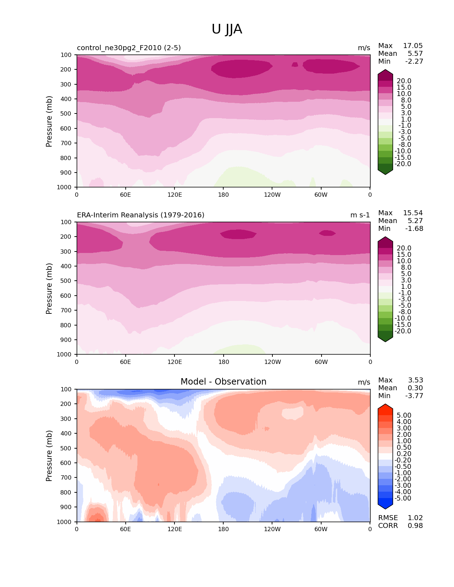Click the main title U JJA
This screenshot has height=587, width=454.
(x=227, y=29)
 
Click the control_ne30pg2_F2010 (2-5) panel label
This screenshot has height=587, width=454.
(x=129, y=48)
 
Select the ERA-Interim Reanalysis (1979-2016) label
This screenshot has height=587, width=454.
(x=141, y=215)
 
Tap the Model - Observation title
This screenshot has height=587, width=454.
(x=223, y=382)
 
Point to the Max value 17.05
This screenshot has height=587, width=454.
(x=413, y=46)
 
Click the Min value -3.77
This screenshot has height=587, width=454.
(x=414, y=396)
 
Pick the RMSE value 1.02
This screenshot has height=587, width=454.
(x=415, y=518)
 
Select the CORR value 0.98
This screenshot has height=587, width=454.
(x=415, y=526)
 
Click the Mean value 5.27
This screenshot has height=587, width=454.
(x=415, y=221)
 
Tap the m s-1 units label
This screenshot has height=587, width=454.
(x=360, y=215)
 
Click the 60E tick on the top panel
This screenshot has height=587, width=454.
(x=125, y=195)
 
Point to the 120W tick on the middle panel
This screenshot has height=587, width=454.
(x=272, y=362)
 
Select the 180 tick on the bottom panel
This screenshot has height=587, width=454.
(x=223, y=529)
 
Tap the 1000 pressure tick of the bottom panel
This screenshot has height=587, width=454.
(x=64, y=522)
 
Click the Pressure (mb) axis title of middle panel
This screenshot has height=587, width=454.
(x=49, y=289)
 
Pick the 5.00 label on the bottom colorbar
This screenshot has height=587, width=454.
(x=404, y=416)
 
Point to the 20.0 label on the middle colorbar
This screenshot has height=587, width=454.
(x=404, y=248)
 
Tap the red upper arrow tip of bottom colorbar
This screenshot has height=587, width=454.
(x=385, y=405)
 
